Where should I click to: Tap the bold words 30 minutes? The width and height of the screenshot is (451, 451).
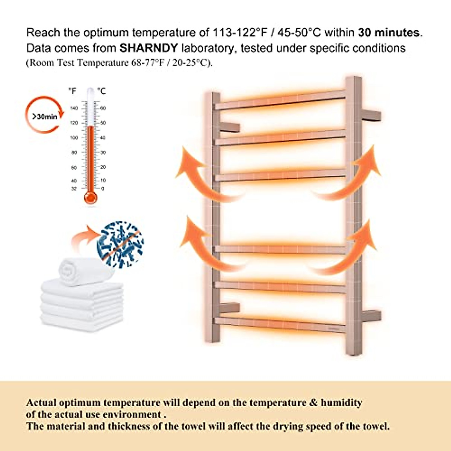389,33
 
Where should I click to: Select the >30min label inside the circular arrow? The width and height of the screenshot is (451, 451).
44,117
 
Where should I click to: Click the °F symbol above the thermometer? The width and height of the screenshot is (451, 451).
72,91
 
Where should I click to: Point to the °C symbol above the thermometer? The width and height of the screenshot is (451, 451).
101,91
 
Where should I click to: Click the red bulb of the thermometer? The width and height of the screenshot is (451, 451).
91,197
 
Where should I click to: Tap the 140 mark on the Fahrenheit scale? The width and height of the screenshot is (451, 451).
74,108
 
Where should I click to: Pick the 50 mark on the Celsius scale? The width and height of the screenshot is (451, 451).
103,123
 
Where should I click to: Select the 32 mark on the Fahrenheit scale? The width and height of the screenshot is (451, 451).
74,189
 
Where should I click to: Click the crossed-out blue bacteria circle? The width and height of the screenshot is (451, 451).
120,244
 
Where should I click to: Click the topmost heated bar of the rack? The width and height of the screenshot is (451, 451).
280,100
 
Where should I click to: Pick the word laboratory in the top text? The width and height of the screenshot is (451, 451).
209,48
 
